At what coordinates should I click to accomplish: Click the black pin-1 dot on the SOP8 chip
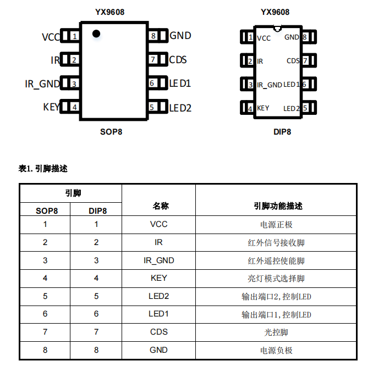coord(96,34)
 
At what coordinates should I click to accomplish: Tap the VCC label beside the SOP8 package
coord(51,37)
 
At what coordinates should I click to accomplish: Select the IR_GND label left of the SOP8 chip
coord(42,84)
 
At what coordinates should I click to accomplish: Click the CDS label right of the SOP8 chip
coord(178,60)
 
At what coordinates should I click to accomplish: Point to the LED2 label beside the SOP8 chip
coord(180,108)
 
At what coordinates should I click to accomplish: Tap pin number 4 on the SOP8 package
coord(74,107)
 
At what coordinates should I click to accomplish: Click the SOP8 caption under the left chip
coord(111,132)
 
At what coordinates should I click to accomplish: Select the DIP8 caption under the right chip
coord(282,132)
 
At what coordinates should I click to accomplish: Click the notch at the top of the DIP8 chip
coord(277,26)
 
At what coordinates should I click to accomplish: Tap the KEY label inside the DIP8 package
coord(263,108)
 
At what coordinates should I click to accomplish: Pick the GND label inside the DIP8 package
coord(292,37)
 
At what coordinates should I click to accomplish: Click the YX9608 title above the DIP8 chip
coord(275,12)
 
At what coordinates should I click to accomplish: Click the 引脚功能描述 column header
coord(278,206)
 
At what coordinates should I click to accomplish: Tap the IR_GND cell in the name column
coord(159,260)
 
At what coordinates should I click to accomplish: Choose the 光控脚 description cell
coord(276,332)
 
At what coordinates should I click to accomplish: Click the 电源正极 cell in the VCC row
coord(276,224)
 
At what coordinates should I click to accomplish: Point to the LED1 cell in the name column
coord(159,314)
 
